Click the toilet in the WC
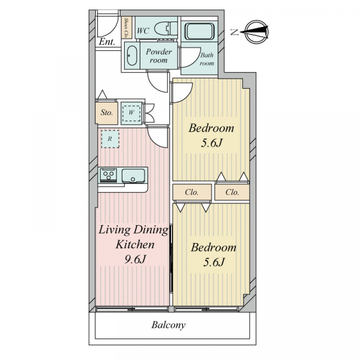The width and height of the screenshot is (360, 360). [x=166, y=29]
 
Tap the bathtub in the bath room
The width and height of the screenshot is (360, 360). [x=200, y=31]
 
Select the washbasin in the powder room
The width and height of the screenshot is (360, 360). [x=132, y=56]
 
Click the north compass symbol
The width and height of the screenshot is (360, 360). [x=256, y=32]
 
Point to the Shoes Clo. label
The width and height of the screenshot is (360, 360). [x=126, y=28]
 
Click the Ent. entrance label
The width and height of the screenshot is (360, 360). [x=107, y=42]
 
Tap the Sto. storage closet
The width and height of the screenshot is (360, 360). [x=107, y=113]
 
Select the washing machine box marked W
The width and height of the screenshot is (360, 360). [x=131, y=113]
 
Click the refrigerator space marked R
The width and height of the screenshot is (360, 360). [x=110, y=139]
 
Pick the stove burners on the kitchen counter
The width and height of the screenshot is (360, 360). [x=109, y=175]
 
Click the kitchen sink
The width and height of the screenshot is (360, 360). [x=133, y=176]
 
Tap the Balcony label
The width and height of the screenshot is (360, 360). [x=168, y=325]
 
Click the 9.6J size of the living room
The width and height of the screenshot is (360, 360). [x=135, y=259]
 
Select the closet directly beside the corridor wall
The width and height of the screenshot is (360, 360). [x=192, y=192]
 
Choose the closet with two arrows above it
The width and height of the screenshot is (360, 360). [x=232, y=192]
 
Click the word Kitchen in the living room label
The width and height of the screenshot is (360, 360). [x=135, y=244]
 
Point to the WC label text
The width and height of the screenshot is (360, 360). [x=143, y=31]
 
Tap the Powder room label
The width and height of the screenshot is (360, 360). [x=158, y=56]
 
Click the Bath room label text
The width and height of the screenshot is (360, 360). [x=206, y=59]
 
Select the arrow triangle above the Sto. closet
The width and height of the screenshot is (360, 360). [x=103, y=94]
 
